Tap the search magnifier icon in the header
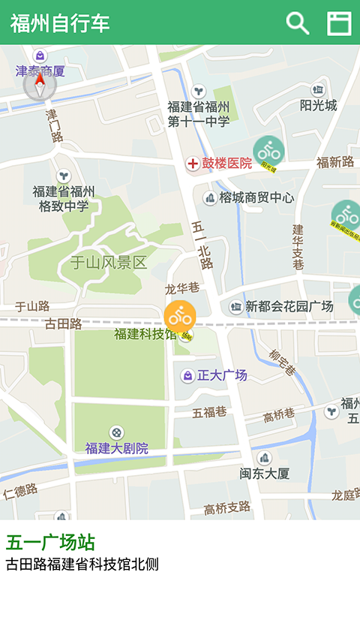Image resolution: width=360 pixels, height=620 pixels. click(298, 23)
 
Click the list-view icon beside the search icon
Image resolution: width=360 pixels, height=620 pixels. click(339, 23)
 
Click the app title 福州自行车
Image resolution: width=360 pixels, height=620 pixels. click(60, 23)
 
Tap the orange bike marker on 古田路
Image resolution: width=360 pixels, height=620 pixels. click(180, 316)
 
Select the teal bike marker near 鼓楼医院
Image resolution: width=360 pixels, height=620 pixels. click(268, 152)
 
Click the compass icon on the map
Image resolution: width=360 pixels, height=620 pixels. click(39, 86)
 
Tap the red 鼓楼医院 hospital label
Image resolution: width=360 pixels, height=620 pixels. click(226, 164)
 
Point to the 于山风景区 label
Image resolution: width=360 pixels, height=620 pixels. click(108, 263)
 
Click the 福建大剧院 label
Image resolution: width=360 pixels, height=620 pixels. click(116, 448)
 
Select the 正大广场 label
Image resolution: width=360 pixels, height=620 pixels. click(221, 375)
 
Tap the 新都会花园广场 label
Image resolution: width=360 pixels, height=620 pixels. click(289, 306)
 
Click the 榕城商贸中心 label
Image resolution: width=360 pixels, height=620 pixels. click(256, 198)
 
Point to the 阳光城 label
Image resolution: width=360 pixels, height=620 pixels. click(318, 105)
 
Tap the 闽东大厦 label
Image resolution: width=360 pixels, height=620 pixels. click(264, 474)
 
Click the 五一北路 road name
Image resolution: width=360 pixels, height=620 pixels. click(202, 245)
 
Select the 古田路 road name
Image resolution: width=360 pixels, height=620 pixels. click(63, 324)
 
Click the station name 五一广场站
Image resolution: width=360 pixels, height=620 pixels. click(50, 543)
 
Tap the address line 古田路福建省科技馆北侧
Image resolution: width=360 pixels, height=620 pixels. click(82, 564)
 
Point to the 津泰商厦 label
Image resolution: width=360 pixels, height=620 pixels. click(40, 71)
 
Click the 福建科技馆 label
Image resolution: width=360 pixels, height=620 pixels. click(145, 334)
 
